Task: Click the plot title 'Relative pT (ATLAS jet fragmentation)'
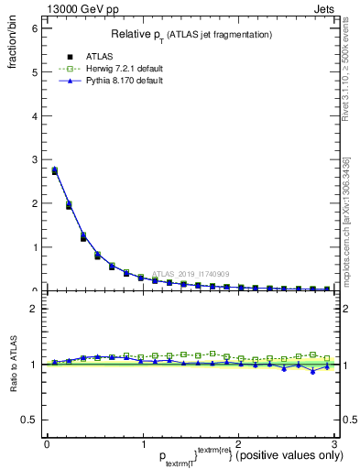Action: pyautogui.click(x=191, y=35)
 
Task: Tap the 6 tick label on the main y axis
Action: pyautogui.click(x=33, y=27)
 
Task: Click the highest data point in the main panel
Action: pyautogui.click(x=54, y=170)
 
